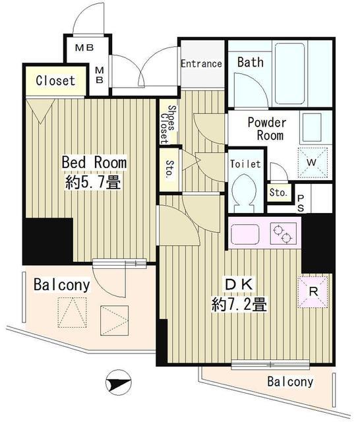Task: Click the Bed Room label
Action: pos(94,162)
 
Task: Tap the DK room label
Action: pos(239,284)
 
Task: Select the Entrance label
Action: pos(201,63)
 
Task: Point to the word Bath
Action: pos(251,62)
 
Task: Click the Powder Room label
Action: pos(267,129)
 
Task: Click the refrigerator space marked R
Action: pos(313,292)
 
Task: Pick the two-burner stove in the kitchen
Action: pos(284,233)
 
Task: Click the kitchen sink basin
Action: pos(245,234)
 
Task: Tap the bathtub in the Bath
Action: pos(289,73)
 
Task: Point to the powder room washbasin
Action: pos(312,128)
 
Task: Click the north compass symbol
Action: pos(119,382)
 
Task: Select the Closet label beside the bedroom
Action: pos(55,80)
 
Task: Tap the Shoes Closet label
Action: pos(168,124)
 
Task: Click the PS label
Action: pos(301,203)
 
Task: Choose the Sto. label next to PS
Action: pos(278,193)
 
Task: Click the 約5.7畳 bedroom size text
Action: pos(92,182)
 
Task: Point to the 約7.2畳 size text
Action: pos(239,305)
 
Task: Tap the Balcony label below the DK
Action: pos(290,381)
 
